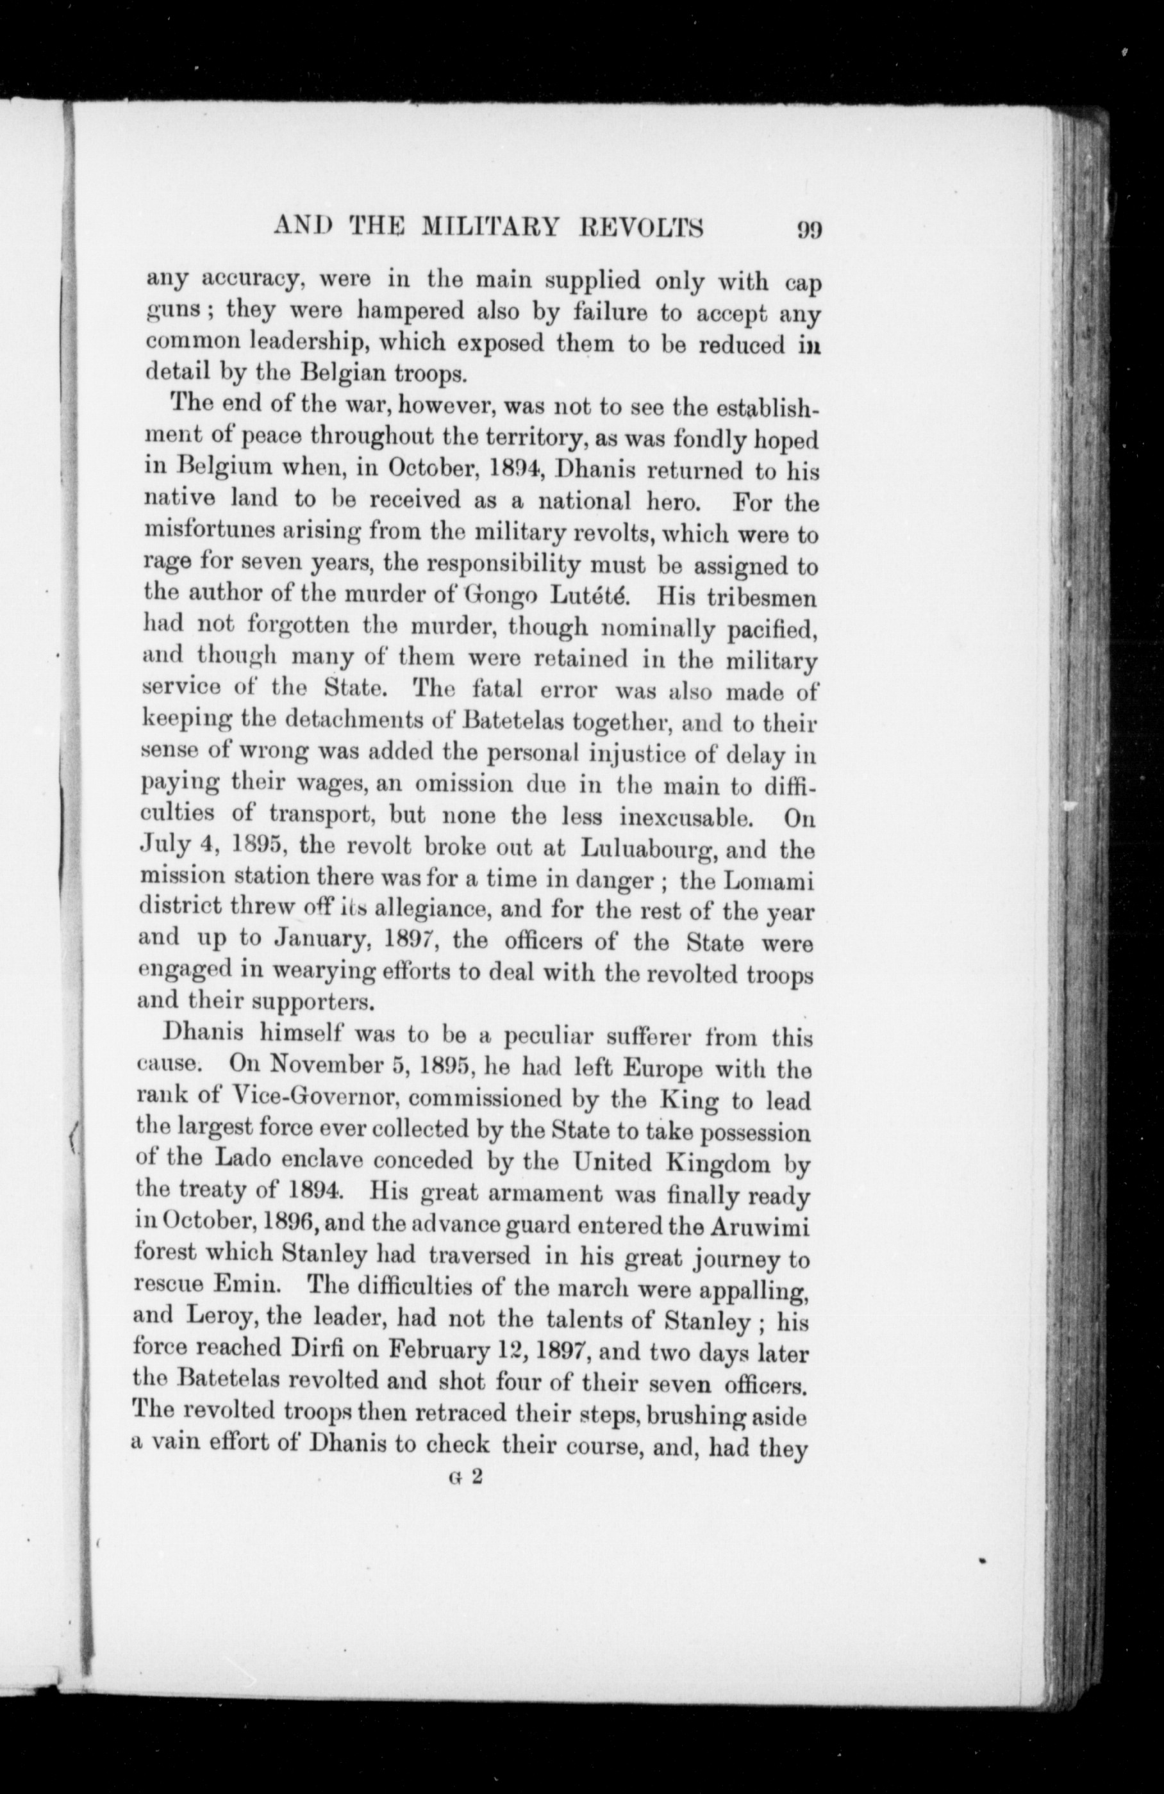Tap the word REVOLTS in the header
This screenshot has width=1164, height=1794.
(658, 227)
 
